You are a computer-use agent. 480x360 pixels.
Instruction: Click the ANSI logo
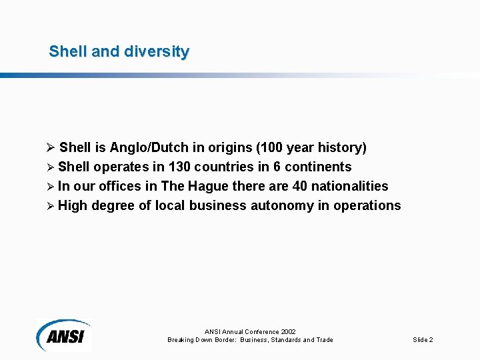point(64,334)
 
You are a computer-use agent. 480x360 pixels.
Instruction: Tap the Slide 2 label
point(423,340)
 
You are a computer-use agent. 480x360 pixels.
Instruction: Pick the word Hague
point(209,186)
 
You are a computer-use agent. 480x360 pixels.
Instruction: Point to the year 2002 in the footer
point(288,331)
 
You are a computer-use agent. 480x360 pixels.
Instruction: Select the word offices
point(120,186)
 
